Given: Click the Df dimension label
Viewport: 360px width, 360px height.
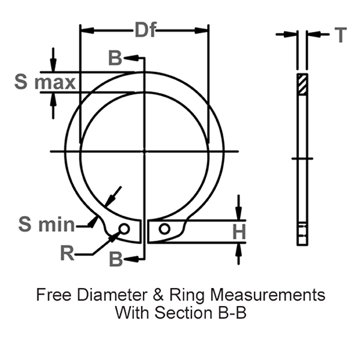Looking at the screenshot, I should pyautogui.click(x=144, y=30).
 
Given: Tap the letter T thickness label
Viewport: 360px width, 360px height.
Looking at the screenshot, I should pyautogui.click(x=340, y=35).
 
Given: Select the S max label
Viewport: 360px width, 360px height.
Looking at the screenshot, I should pyautogui.click(x=45, y=83).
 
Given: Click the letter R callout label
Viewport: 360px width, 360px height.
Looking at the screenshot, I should pyautogui.click(x=68, y=253).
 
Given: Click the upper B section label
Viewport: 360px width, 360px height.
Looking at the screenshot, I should pyautogui.click(x=115, y=58).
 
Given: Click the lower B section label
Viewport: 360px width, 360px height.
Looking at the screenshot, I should pyautogui.click(x=115, y=260).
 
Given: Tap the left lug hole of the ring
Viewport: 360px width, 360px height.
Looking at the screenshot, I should pyautogui.click(x=124, y=229).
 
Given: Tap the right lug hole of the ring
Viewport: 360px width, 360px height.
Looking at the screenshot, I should pyautogui.click(x=164, y=229).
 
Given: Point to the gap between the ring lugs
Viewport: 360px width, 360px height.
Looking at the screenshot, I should pyautogui.click(x=144, y=230).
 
